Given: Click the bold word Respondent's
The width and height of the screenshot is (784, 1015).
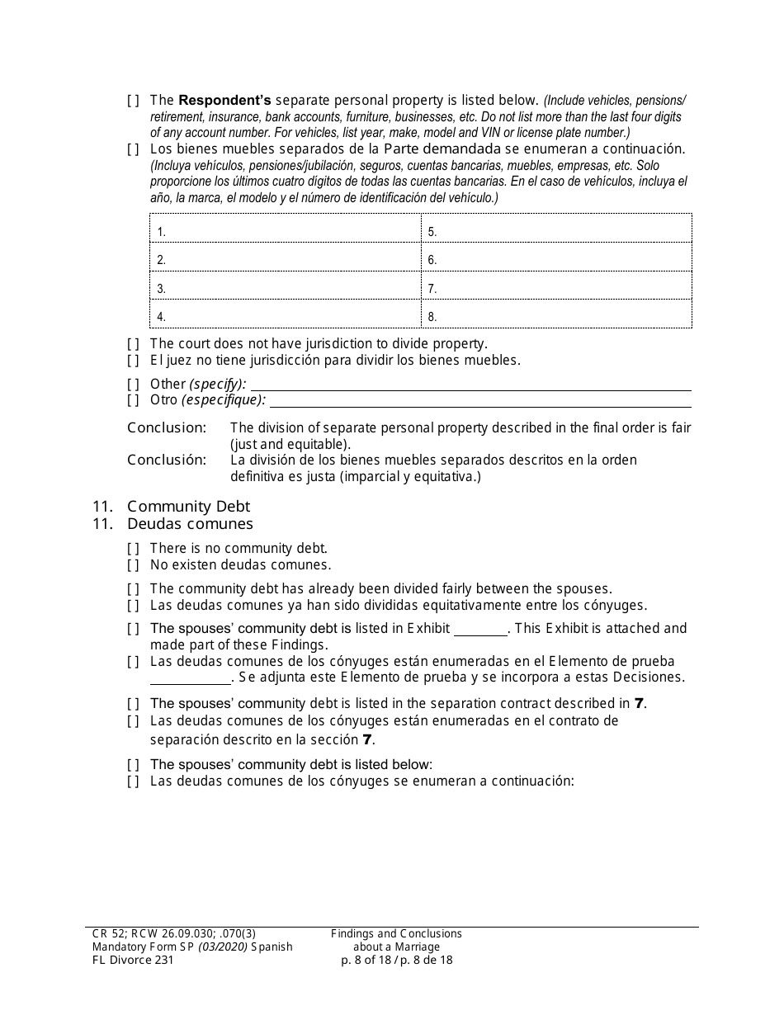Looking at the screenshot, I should click(224, 101).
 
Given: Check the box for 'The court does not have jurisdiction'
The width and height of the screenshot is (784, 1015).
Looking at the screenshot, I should click(133, 343).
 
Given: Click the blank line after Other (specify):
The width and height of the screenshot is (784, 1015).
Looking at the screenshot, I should click(470, 385).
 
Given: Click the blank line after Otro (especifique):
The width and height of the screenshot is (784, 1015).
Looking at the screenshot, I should click(480, 401).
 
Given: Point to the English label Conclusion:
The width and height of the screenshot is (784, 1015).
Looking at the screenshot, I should click(167, 427).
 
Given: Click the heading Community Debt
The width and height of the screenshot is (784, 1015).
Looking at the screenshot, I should click(188, 507).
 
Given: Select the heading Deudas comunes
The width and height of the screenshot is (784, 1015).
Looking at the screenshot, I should click(190, 524).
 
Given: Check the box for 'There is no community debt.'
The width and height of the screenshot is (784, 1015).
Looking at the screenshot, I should click(133, 548).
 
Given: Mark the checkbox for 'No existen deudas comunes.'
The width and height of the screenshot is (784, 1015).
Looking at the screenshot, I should click(133, 565).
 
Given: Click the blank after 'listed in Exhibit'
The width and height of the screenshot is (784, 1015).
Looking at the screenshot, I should click(480, 630).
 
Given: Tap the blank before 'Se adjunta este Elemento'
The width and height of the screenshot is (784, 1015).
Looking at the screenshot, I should click(191, 678).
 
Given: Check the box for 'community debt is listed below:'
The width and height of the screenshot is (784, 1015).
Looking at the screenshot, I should click(133, 764).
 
